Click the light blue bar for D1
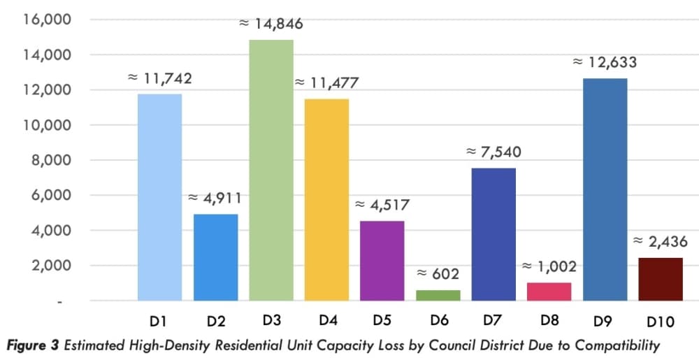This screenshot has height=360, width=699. pos(159,197)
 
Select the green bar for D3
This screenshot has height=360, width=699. pos(271,170)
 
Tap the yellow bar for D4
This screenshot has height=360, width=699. pos(326,200)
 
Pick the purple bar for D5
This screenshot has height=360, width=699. pos(382,261)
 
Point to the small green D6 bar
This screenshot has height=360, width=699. pos(438,296)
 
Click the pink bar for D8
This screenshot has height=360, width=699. pos(549,291)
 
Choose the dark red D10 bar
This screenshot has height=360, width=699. pos(661,280)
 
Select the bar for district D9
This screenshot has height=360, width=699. pos(605,190)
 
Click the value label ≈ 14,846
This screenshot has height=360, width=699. pos(271,23)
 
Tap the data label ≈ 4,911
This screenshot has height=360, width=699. pos(215,198)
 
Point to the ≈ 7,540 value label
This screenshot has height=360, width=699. pos(493,152)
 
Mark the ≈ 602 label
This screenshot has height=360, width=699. pos(438,274)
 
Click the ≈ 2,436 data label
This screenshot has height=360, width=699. pos(661,241)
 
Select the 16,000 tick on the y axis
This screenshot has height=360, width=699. pos(41,20)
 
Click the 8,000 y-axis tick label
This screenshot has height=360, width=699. pos(43,160)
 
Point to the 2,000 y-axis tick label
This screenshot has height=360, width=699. pos(43,266)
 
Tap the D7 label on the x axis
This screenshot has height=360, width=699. pos(493,320)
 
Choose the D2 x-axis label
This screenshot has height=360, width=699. pos(216,322)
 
